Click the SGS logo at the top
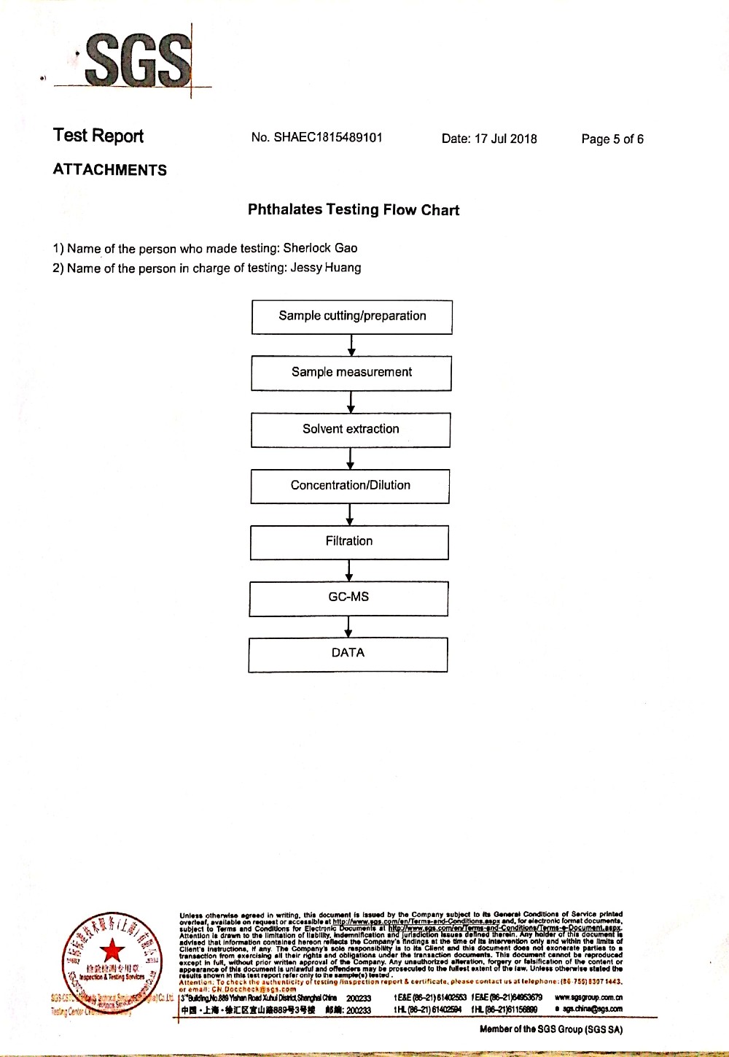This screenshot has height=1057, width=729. pyautogui.click(x=137, y=60)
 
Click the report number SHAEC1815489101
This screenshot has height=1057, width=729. pyautogui.click(x=328, y=137)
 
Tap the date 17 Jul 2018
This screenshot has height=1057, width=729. pyautogui.click(x=505, y=139)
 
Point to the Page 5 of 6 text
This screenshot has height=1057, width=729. pyautogui.click(x=612, y=139)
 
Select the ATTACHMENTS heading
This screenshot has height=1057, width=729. pyautogui.click(x=110, y=170)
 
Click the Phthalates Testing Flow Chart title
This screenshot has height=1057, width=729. pyautogui.click(x=354, y=210)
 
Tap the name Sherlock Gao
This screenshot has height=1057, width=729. pyautogui.click(x=320, y=248)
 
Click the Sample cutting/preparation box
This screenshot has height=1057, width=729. pyautogui.click(x=352, y=317)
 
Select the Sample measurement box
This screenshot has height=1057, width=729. pyautogui.click(x=351, y=373)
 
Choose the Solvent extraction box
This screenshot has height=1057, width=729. pyautogui.click(x=351, y=429)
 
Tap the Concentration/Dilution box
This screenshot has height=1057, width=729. pyautogui.click(x=350, y=486)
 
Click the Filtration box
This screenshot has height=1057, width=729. pyautogui.click(x=349, y=542)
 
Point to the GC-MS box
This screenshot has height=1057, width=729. pyautogui.click(x=348, y=597)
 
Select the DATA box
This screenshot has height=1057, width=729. pyautogui.click(x=348, y=654)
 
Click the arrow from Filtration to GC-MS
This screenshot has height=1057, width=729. pyautogui.click(x=349, y=570)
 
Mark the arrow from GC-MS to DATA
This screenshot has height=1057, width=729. pyautogui.click(x=348, y=627)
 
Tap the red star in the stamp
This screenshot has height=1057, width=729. pyautogui.click(x=112, y=950)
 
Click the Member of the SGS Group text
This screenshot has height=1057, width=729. pyautogui.click(x=551, y=1029)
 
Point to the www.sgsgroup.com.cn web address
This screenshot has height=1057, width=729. pyautogui.click(x=588, y=997)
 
